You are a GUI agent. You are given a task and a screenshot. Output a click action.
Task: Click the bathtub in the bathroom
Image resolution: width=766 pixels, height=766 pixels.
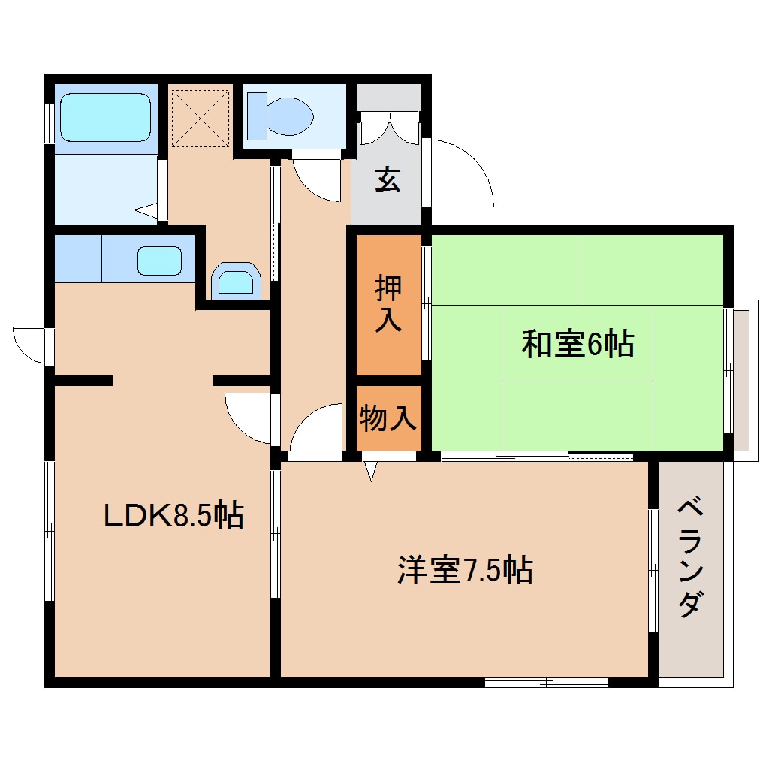(x=105, y=116)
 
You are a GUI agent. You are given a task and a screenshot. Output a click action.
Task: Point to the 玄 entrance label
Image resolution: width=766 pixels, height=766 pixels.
(x=388, y=181)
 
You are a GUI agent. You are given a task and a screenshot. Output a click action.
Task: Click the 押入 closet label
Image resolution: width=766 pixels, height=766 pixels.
(x=388, y=304)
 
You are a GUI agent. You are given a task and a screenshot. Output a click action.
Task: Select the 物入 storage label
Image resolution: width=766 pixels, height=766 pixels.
(x=388, y=418)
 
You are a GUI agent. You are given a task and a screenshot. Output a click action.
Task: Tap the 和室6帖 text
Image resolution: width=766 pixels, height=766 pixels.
(x=578, y=344)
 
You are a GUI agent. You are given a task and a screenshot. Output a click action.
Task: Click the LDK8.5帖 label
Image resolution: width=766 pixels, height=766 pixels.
(x=173, y=515)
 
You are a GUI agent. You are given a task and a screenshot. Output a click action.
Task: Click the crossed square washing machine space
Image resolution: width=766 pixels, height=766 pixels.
(x=200, y=118)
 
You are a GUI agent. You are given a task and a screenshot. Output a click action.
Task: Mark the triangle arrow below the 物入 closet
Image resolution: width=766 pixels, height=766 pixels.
(x=370, y=470)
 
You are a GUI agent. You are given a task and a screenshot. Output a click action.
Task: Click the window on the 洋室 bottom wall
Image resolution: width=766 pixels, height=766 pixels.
(x=546, y=682)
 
